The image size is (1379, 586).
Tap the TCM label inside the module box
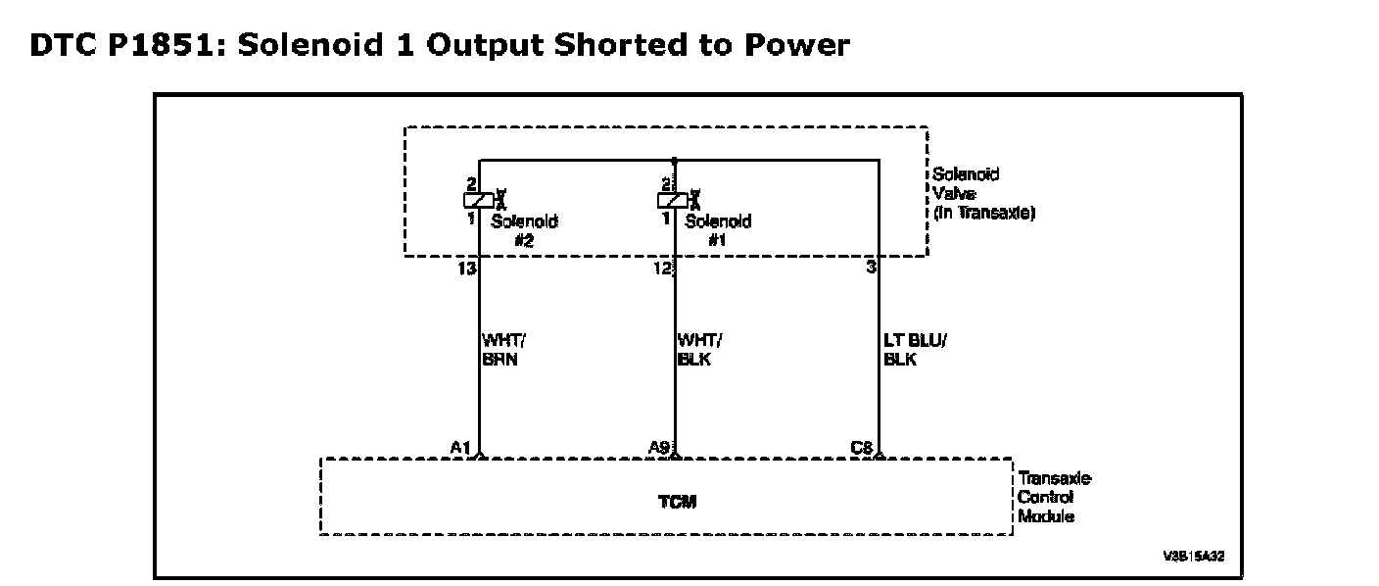tap(677, 502)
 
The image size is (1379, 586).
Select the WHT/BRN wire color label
tap(503, 350)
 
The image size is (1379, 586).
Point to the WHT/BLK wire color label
tap(699, 350)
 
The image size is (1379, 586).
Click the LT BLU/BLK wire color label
tap(915, 350)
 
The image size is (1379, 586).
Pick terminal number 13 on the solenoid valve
tap(467, 269)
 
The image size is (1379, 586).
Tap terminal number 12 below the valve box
tap(663, 269)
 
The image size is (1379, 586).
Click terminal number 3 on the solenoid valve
tap(871, 268)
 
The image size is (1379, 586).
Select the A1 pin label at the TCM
tap(460, 448)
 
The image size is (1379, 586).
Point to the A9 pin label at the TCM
tap(659, 448)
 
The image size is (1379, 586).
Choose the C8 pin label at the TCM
tap(861, 448)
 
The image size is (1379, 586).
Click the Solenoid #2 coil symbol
tap(479, 200)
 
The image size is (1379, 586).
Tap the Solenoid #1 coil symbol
tap(673, 200)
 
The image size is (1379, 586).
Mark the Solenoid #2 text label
tap(525, 230)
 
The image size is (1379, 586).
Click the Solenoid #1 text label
tap(719, 230)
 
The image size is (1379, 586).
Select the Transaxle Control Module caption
tap(1054, 497)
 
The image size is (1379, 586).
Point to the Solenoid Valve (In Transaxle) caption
tap(983, 193)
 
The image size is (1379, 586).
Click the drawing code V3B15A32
tap(1194, 557)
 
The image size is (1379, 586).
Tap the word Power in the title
tap(797, 44)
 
